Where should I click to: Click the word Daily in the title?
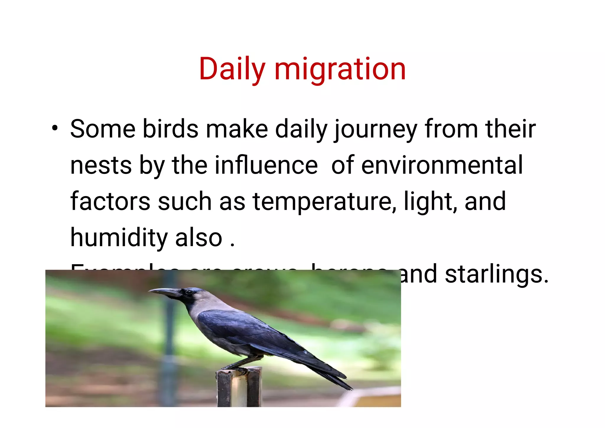point(232,70)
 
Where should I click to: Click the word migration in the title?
point(340,70)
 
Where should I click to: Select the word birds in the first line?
point(170,129)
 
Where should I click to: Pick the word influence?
point(266,165)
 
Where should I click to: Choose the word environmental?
point(442,165)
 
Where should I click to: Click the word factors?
point(110,201)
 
